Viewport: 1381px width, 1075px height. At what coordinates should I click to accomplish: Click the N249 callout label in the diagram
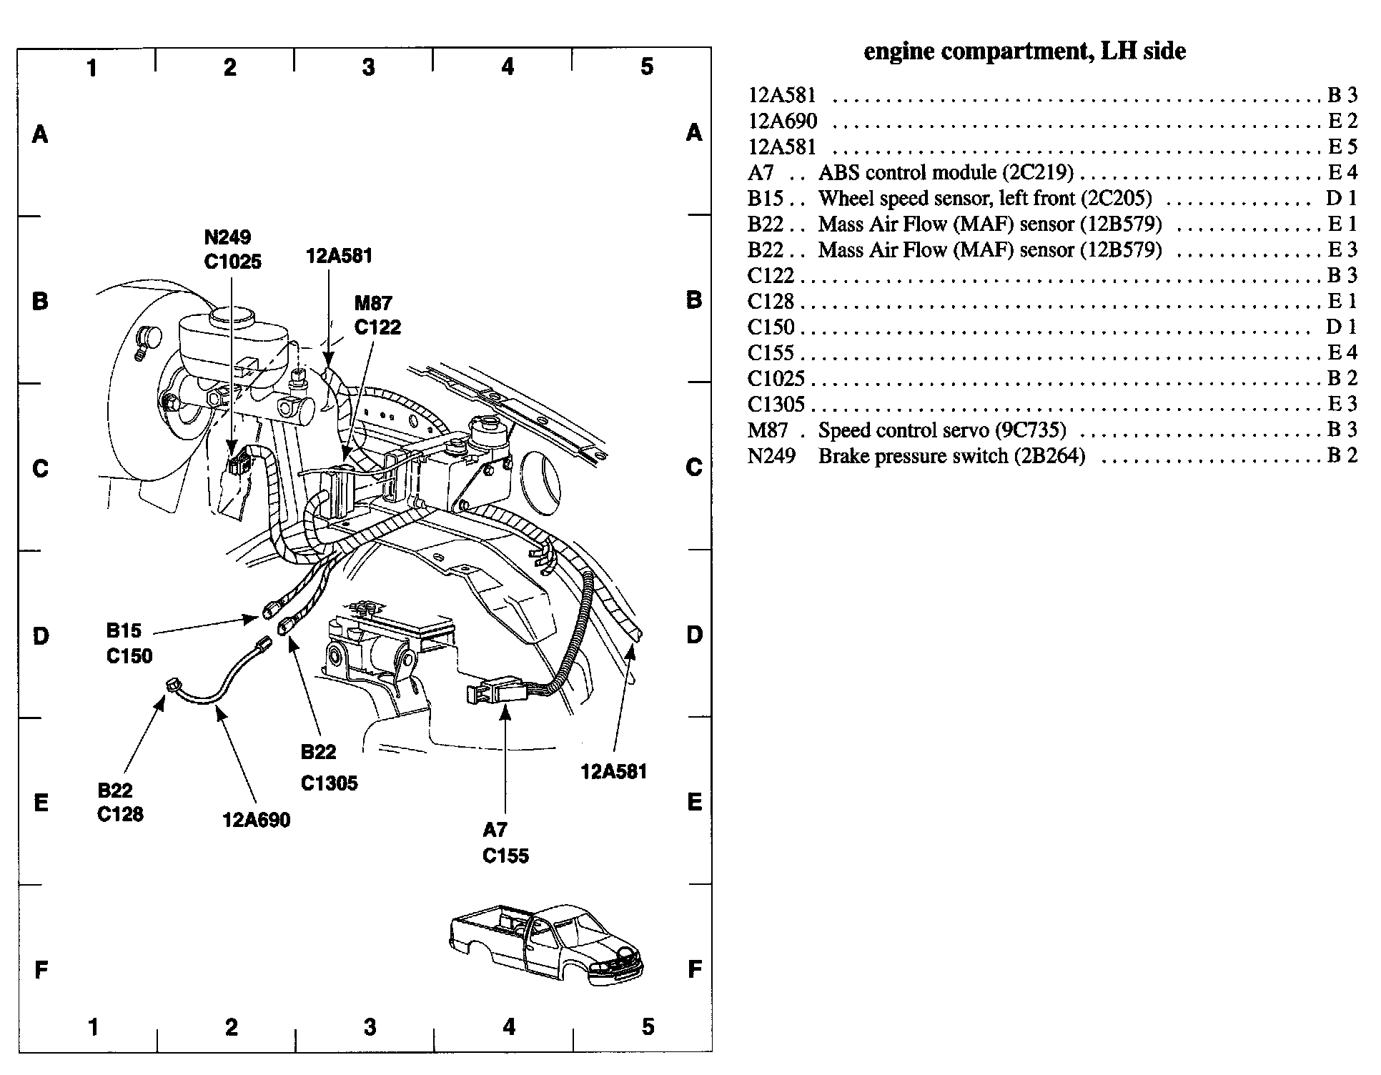(x=227, y=237)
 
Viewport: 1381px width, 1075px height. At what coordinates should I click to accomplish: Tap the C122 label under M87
(x=377, y=327)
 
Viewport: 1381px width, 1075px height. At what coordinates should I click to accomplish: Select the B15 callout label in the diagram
(x=124, y=630)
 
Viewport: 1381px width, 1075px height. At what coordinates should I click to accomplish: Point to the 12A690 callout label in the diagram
(x=257, y=820)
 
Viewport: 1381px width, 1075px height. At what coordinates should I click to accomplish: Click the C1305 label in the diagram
(x=329, y=783)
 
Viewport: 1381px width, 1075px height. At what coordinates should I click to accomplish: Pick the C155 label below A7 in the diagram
(x=505, y=856)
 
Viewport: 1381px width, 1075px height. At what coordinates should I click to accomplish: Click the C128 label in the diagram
(x=120, y=814)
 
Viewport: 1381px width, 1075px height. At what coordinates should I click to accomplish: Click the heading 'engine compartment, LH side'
(x=1024, y=51)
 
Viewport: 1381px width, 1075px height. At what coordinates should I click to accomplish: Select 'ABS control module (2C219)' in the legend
(x=946, y=172)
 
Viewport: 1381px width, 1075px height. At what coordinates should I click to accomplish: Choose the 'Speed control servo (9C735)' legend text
(x=942, y=430)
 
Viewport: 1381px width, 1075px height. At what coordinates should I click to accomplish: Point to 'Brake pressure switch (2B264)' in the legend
(x=951, y=456)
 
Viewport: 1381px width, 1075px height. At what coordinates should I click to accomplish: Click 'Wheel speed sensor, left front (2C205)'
(x=985, y=198)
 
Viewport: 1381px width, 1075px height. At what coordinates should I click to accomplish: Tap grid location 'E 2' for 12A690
(x=1342, y=121)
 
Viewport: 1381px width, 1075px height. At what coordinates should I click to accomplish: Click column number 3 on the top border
(x=368, y=67)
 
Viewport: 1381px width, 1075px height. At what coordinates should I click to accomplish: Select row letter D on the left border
(x=41, y=635)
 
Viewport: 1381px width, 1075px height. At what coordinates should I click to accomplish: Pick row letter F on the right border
(x=694, y=970)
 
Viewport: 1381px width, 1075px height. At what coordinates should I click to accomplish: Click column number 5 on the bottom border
(x=647, y=1027)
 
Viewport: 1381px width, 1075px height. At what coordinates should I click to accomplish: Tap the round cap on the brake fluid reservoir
(x=233, y=314)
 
